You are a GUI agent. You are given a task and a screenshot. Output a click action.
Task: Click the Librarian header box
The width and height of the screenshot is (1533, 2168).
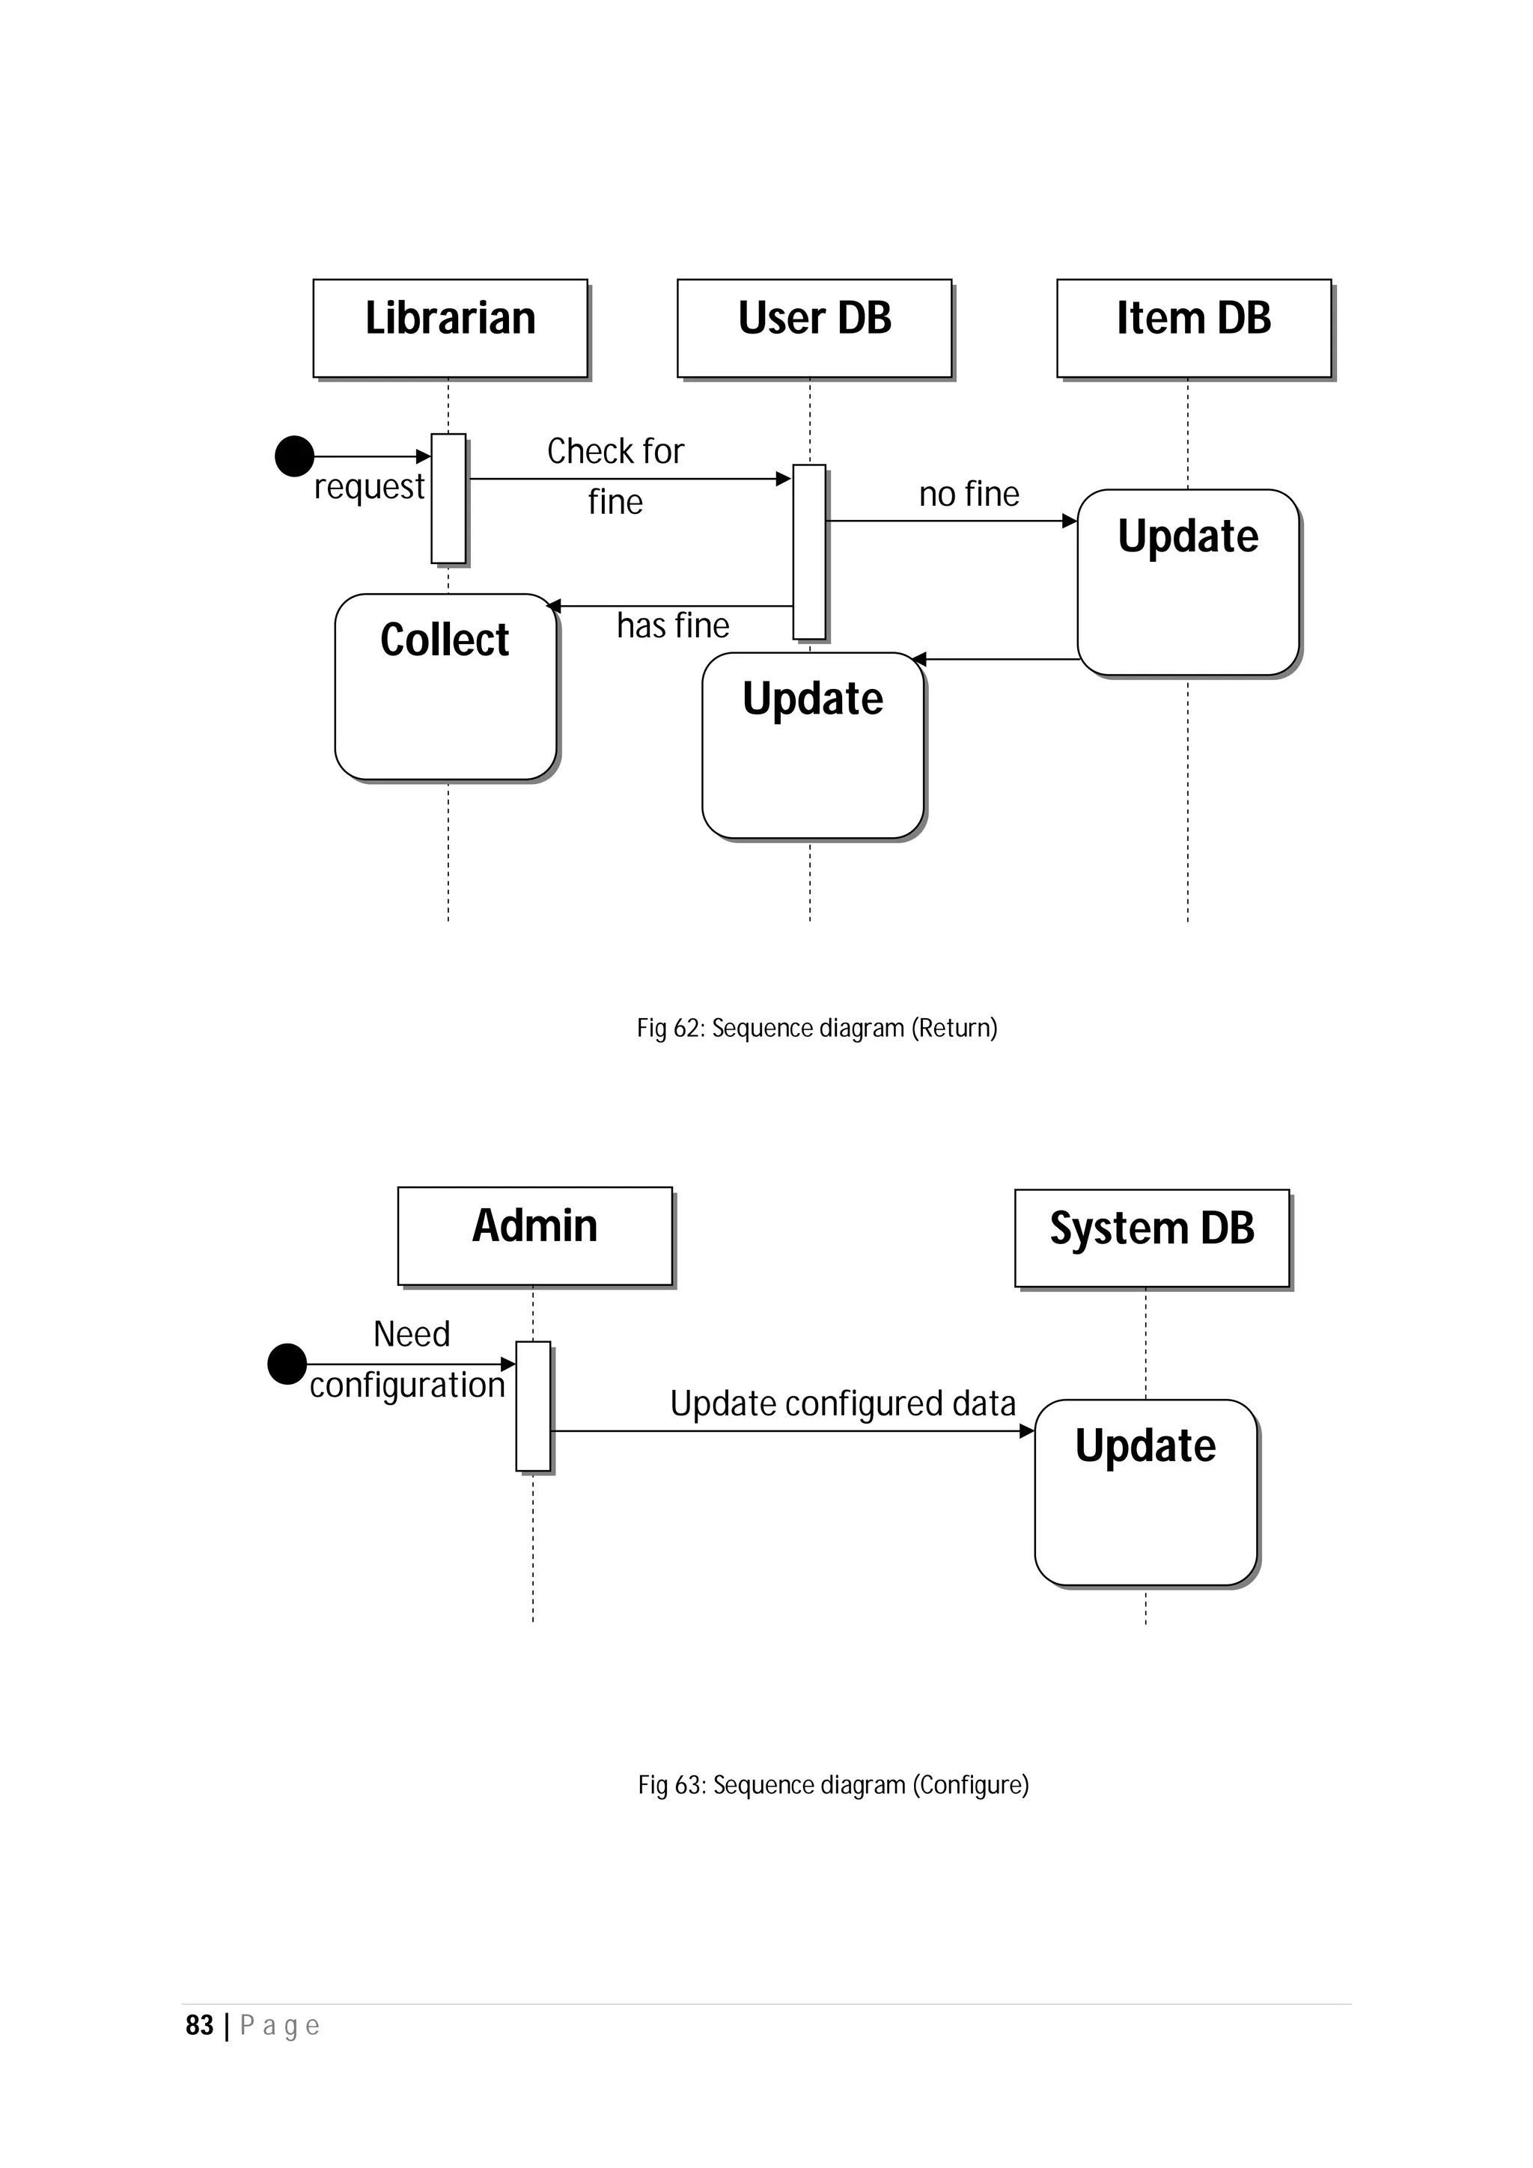pyautogui.click(x=450, y=328)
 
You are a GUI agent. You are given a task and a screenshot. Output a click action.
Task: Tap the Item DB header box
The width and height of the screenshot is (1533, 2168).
pyautogui.click(x=1193, y=328)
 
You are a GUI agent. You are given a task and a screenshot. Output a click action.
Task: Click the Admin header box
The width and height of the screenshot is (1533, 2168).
pyautogui.click(x=534, y=1235)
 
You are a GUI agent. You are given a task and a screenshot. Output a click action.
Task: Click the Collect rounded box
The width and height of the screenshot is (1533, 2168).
pyautogui.click(x=445, y=687)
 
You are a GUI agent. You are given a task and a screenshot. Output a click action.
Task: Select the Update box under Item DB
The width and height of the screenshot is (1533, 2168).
pyautogui.click(x=1187, y=582)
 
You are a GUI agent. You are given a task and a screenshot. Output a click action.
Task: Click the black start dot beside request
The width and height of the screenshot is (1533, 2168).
pyautogui.click(x=293, y=456)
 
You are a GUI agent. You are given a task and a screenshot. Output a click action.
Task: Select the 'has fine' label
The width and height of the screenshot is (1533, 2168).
pyautogui.click(x=672, y=625)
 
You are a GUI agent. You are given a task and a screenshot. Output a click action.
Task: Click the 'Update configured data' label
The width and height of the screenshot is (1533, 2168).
pyautogui.click(x=843, y=1404)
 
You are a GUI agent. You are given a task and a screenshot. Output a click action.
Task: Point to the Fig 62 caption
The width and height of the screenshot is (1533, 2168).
pyautogui.click(x=816, y=1027)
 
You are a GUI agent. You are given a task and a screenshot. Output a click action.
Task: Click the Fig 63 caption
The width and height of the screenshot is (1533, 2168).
pyautogui.click(x=832, y=1785)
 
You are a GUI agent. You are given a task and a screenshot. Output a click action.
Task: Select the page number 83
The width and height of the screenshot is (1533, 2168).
pyautogui.click(x=199, y=2025)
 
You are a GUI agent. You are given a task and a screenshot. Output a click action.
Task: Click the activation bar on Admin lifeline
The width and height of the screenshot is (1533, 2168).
pyautogui.click(x=533, y=1405)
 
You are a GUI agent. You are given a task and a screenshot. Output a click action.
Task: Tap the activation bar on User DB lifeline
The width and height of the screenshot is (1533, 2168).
pyautogui.click(x=808, y=551)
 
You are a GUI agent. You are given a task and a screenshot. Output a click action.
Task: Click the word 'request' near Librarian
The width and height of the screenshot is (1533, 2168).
pyautogui.click(x=368, y=487)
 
